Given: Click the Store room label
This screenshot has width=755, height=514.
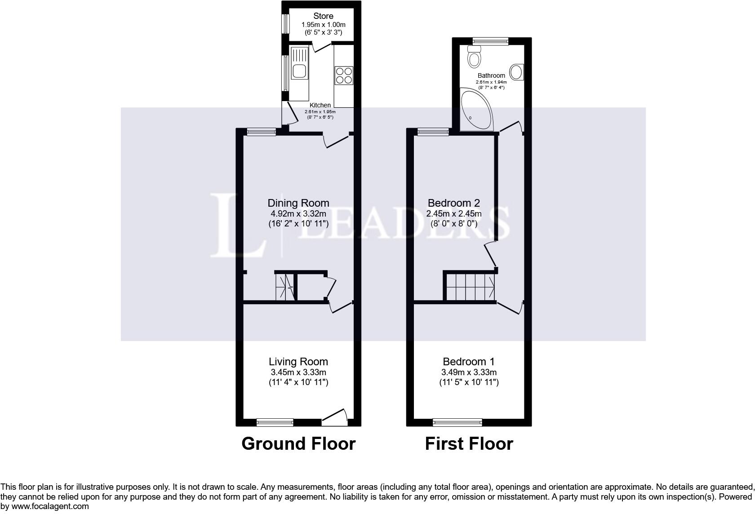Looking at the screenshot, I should (323, 16).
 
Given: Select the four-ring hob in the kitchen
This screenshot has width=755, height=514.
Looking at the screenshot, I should (344, 75).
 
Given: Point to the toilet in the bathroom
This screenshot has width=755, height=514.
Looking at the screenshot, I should (474, 57).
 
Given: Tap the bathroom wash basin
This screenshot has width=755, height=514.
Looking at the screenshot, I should (518, 72).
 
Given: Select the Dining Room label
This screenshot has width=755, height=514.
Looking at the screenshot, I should (298, 203).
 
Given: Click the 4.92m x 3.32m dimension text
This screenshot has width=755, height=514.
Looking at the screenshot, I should (298, 213).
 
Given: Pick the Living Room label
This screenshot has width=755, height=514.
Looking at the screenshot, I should (298, 362).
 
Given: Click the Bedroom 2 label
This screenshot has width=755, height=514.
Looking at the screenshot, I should (454, 203).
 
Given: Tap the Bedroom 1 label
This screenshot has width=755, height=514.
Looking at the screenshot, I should (469, 362).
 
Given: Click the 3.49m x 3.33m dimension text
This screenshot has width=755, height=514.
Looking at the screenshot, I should (469, 372).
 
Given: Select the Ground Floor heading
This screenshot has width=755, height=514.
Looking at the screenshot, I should (298, 444).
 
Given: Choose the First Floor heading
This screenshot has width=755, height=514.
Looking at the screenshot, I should (469, 444).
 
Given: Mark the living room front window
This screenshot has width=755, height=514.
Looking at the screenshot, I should (275, 422).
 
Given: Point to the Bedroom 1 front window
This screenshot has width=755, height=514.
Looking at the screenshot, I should (457, 422).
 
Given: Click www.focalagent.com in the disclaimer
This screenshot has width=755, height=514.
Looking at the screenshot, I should (50, 506).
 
